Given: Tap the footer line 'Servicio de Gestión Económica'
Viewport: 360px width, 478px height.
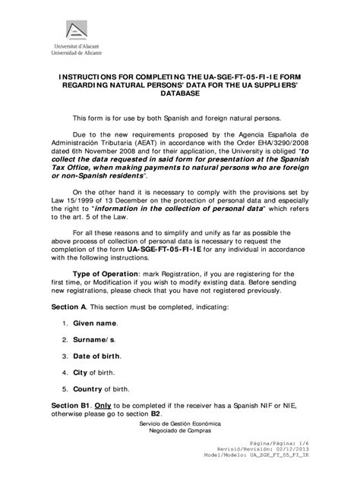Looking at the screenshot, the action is tap(178, 428).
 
